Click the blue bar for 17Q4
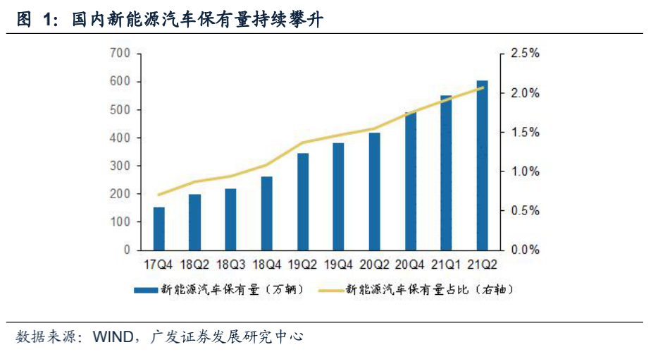point(159,229)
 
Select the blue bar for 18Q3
point(230,219)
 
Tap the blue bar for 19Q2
point(303,202)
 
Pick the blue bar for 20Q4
point(411,181)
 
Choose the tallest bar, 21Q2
point(483,165)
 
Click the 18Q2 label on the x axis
point(194,265)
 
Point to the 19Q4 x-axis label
point(338,265)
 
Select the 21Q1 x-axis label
point(447,265)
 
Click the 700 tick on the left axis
point(120,54)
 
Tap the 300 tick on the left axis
point(120,166)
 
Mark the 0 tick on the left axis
point(127,250)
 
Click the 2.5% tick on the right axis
point(525,54)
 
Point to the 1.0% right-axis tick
point(525,171)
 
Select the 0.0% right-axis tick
point(525,250)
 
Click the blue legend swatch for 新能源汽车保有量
point(144,290)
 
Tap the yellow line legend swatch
point(330,290)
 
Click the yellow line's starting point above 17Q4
point(159,195)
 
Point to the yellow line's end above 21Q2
point(483,88)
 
